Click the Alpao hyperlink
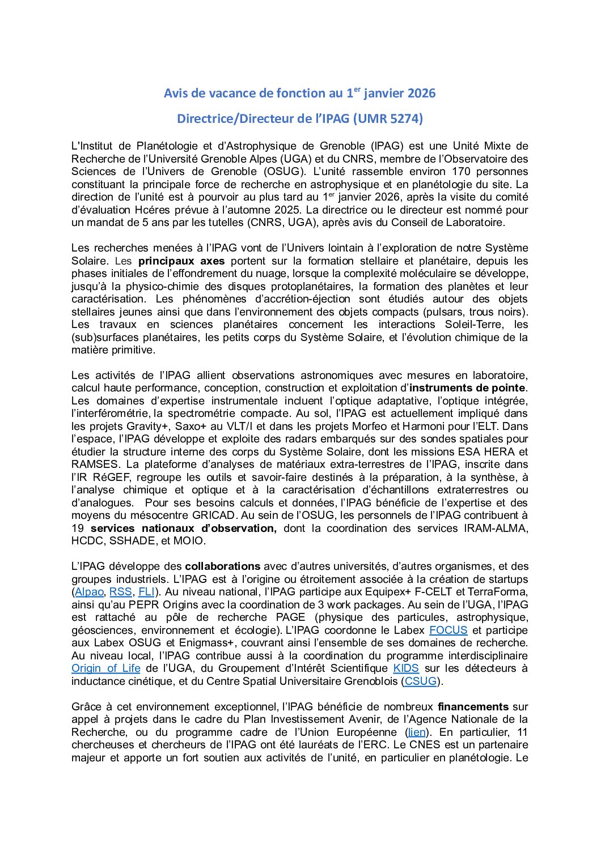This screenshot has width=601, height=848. [90, 592]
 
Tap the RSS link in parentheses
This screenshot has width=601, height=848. [120, 592]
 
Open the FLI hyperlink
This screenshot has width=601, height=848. [146, 592]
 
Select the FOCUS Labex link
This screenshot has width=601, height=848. [448, 630]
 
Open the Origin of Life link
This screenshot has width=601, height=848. [105, 668]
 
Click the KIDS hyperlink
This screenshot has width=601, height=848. [406, 668]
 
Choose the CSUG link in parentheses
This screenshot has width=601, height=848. [421, 681]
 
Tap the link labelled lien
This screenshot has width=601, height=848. [417, 732]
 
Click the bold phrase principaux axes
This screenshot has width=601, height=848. [181, 261]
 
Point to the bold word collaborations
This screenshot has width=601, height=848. [222, 566]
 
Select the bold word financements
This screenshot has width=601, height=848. [473, 707]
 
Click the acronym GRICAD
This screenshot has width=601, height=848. [213, 515]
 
